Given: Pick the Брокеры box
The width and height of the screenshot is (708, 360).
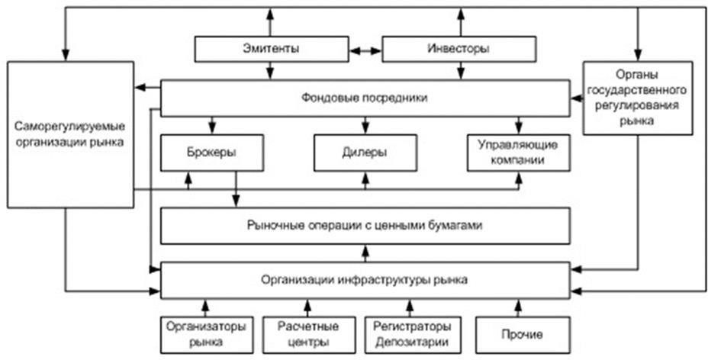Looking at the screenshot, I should [210, 152].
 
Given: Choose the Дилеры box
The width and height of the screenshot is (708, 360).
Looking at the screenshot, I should [365, 152].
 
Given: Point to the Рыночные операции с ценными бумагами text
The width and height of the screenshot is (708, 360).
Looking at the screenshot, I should [365, 226].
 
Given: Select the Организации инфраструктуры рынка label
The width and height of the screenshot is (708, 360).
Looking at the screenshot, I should [365, 279].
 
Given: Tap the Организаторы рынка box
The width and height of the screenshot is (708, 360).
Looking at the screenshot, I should [206, 333].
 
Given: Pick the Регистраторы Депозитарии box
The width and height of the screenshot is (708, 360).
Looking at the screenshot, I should [413, 333].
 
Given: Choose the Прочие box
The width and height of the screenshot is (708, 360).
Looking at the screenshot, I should [523, 333].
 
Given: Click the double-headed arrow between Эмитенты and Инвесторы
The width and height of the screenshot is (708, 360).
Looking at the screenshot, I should [365, 51].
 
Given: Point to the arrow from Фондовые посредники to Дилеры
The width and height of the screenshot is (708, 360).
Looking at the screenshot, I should [365, 124].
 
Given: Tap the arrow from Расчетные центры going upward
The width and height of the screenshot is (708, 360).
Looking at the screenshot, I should [307, 307].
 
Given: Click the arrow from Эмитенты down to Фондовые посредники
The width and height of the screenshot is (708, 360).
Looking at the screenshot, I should [271, 72].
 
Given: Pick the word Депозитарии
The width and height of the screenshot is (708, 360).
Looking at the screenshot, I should [413, 340].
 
